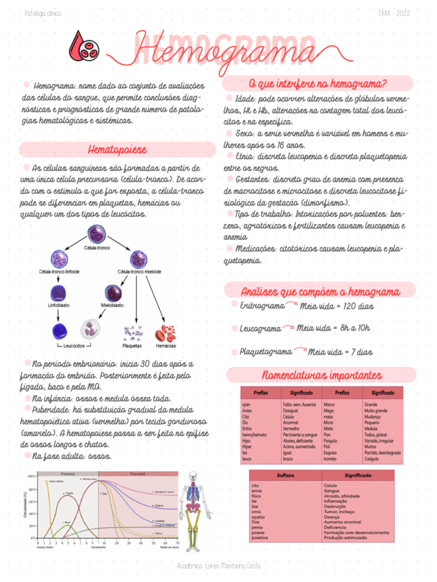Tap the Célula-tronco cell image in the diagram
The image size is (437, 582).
pos(97,234)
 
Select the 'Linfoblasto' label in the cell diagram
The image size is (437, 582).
pos(59,305)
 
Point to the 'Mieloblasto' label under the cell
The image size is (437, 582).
pos(113,305)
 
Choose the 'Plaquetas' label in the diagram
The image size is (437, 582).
pos(133,346)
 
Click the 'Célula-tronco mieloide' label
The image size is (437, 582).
pos(138,272)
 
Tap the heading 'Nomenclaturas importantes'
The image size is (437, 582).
pos(321,376)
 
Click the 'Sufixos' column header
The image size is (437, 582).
pos(285,475)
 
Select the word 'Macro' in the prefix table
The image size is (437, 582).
pos(329,404)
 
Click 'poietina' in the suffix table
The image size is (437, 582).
pos(259,537)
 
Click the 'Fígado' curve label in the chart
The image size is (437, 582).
pos(69,493)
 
